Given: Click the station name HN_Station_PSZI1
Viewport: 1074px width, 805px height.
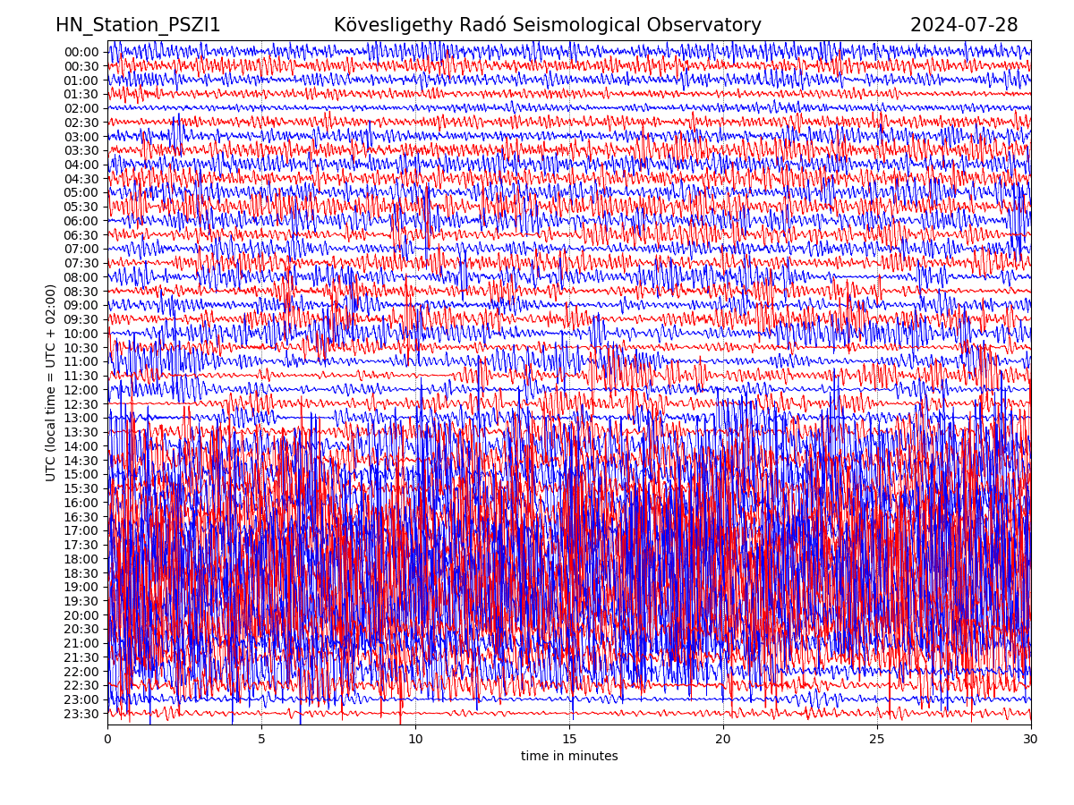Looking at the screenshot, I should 138,25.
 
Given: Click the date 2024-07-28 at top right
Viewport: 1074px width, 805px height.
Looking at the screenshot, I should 964,25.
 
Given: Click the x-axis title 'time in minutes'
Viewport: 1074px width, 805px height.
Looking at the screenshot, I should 569,757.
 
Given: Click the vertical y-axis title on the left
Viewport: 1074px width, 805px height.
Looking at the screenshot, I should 51,383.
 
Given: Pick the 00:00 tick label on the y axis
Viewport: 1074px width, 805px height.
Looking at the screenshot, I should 81,52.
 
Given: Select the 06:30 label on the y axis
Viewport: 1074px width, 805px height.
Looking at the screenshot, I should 81,235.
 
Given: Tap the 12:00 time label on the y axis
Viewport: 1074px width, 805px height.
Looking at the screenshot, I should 81,390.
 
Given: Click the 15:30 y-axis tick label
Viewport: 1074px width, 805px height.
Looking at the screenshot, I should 81,488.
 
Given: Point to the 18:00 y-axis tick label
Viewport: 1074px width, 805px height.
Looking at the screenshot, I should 81,559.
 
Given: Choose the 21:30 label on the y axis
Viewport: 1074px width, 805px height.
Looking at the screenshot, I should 81,657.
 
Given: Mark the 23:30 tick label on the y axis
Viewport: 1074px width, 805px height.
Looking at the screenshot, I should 81,714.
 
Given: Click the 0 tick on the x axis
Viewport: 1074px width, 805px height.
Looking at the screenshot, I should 107,740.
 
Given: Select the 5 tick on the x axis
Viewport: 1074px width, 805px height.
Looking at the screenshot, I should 261,740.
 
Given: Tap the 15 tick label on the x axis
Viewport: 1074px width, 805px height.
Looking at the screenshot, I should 569,740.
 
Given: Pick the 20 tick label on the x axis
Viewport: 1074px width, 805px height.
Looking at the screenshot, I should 723,740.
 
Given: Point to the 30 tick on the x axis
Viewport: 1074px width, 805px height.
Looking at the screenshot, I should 1031,740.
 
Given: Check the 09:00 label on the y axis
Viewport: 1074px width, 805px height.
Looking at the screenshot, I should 81,306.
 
